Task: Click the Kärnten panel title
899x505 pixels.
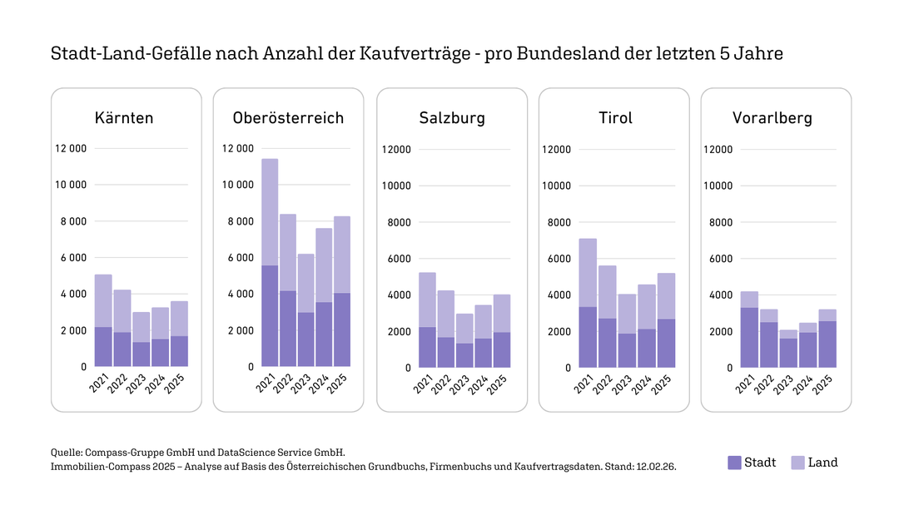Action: point(124,118)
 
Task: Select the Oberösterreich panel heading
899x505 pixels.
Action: point(288,118)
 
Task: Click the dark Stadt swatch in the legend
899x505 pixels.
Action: point(733,463)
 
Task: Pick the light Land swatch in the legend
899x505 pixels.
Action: point(797,463)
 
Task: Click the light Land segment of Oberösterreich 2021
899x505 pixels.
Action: point(270,212)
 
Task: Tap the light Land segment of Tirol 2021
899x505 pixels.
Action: point(588,273)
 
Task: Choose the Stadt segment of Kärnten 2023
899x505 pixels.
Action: point(141,354)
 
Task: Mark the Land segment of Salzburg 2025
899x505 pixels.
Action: point(502,314)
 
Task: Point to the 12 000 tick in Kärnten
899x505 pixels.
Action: point(71,149)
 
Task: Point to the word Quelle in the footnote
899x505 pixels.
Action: point(66,451)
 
